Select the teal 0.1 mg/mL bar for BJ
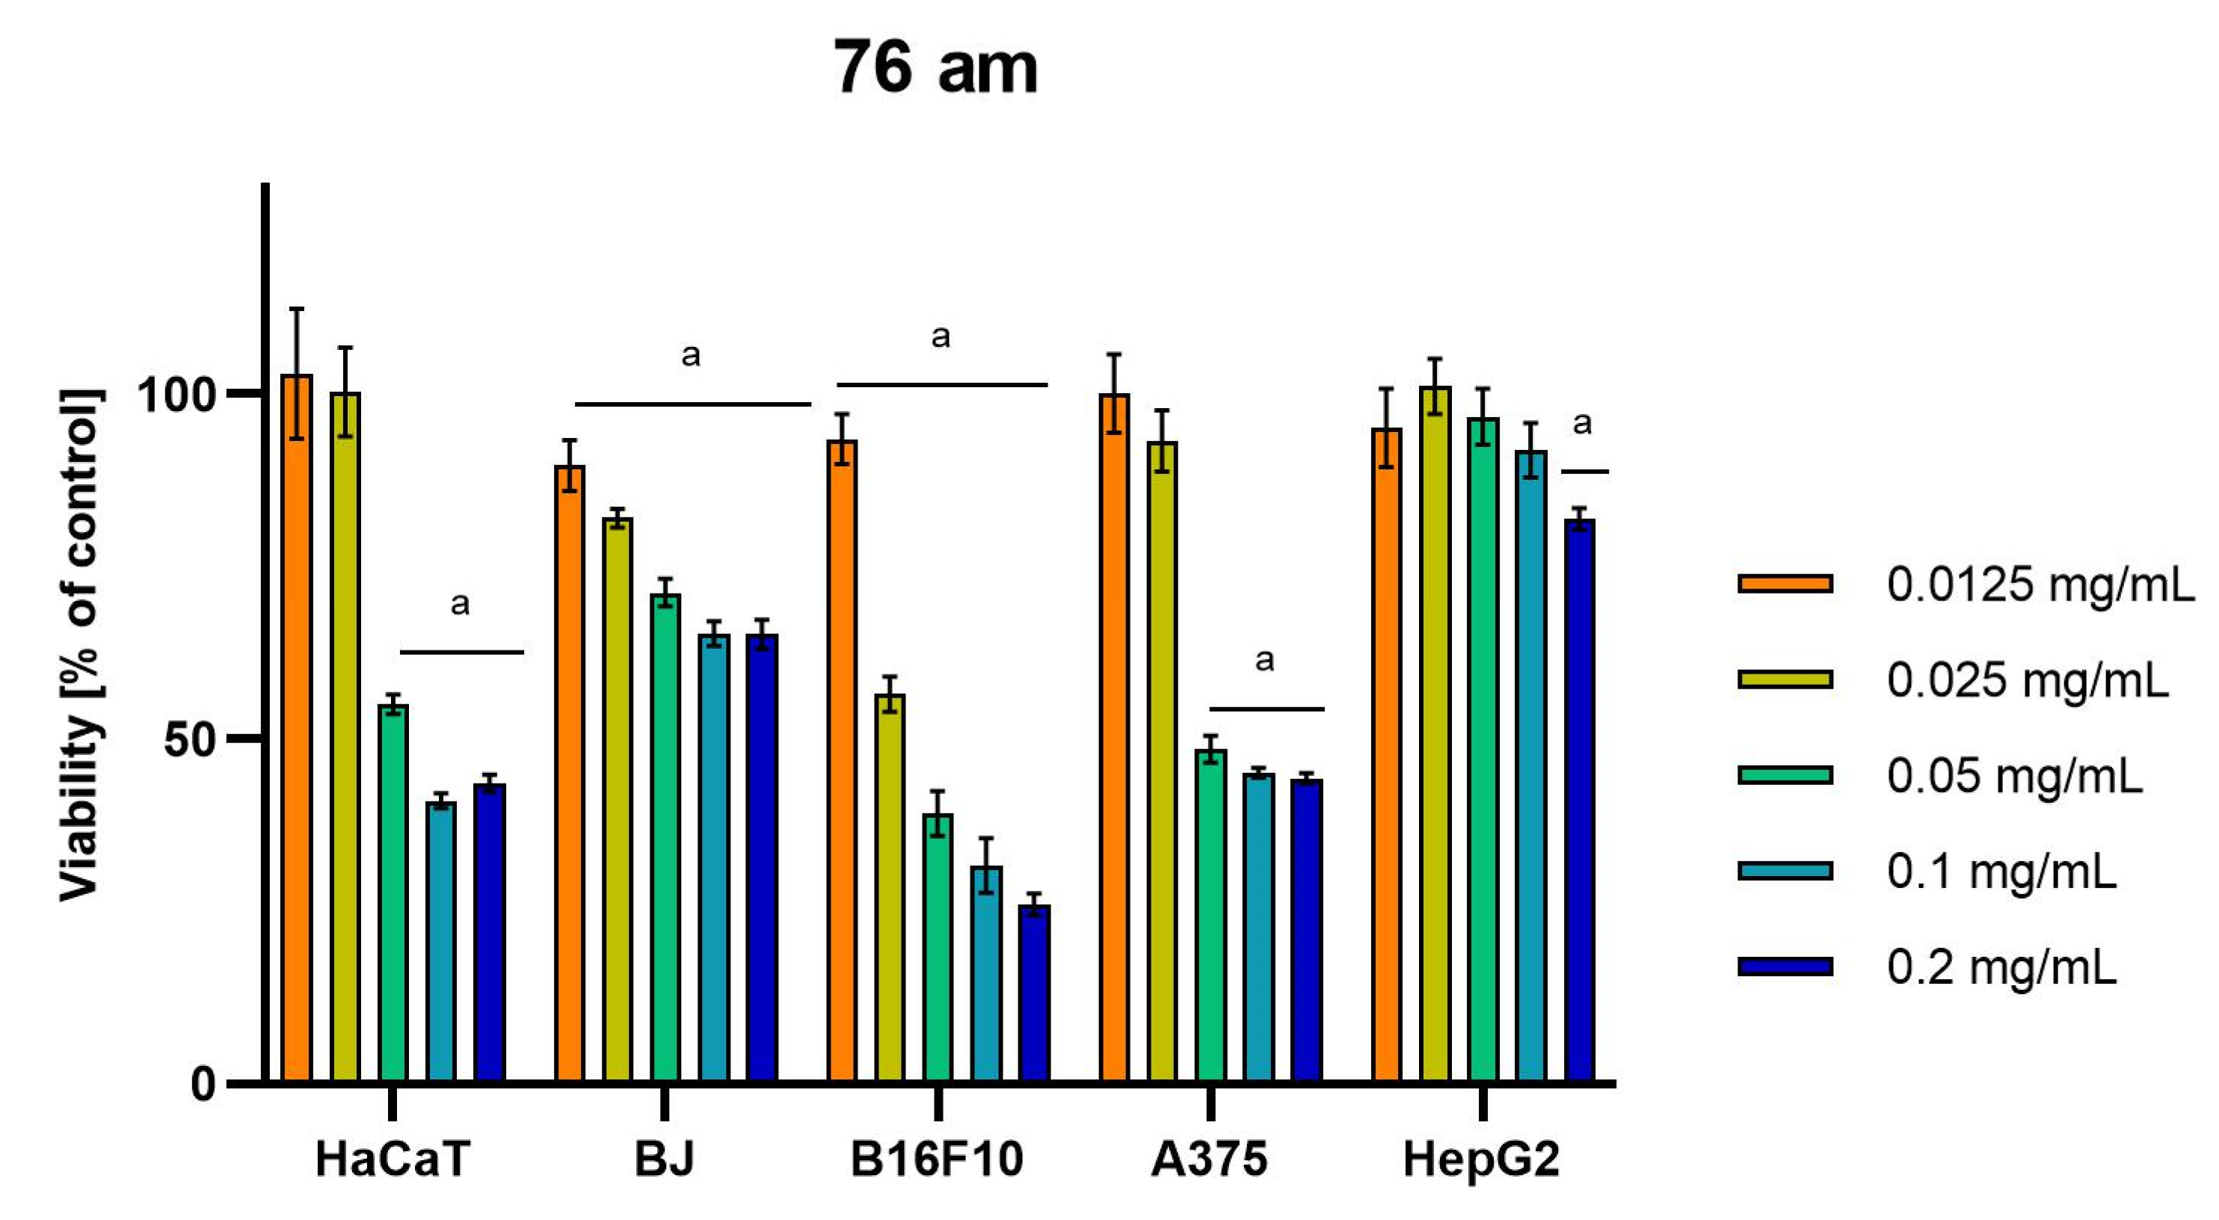[x=714, y=862]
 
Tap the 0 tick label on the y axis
[x=204, y=1085]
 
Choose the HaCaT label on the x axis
[x=393, y=1159]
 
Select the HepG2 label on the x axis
[x=1481, y=1159]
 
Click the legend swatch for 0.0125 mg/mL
[x=1785, y=584]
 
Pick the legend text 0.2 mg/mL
[x=2000, y=967]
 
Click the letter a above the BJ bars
[x=691, y=355]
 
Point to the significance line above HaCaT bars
[x=462, y=652]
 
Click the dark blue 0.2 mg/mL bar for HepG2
[x=1580, y=801]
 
